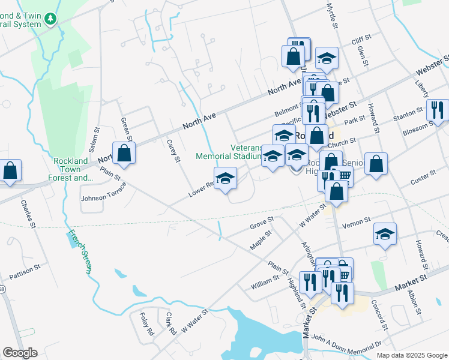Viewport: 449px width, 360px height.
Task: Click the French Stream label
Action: [79, 251]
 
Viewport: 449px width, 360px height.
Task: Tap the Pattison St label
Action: [25, 271]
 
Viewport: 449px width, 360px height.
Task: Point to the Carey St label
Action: [173, 150]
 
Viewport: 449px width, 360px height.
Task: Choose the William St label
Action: [265, 283]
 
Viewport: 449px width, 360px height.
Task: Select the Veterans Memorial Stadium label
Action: [230, 152]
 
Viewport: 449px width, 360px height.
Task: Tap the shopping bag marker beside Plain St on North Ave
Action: [124, 153]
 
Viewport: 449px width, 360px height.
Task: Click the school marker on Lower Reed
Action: [225, 178]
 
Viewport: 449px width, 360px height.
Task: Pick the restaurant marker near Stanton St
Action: [436, 110]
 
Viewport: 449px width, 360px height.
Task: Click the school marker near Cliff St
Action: [327, 58]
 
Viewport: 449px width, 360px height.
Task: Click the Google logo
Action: [20, 353]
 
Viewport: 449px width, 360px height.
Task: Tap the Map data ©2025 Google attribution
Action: [411, 355]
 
